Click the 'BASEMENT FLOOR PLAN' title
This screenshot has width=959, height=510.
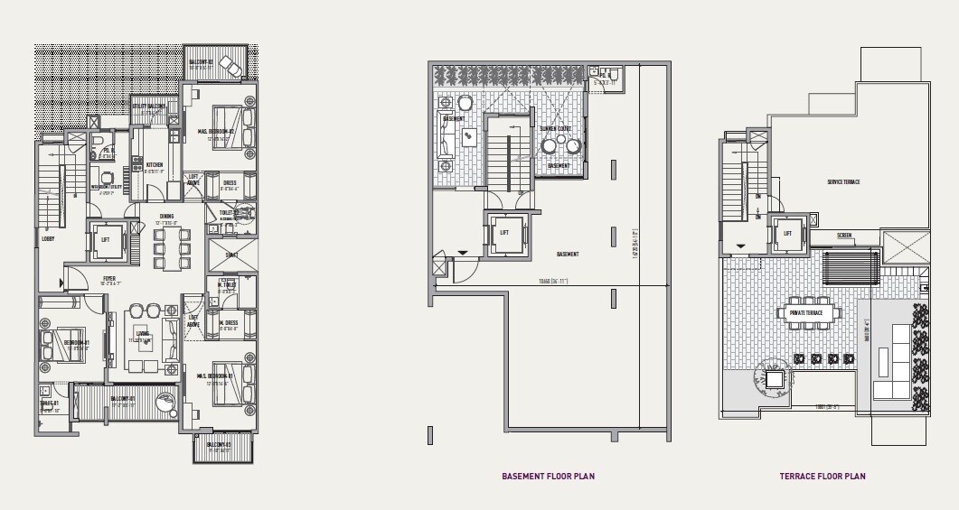548,476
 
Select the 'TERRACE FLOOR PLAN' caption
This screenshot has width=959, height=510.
823,476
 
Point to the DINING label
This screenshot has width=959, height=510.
166,216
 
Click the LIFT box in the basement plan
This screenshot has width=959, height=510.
504,233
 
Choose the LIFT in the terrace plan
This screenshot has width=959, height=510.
787,233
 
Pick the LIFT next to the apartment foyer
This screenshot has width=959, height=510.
106,240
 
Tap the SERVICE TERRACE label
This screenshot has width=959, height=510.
842,182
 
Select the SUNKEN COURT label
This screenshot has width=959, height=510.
555,129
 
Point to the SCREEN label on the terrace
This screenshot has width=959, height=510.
843,236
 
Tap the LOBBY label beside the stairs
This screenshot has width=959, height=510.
47,239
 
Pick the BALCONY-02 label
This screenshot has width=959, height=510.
200,63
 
